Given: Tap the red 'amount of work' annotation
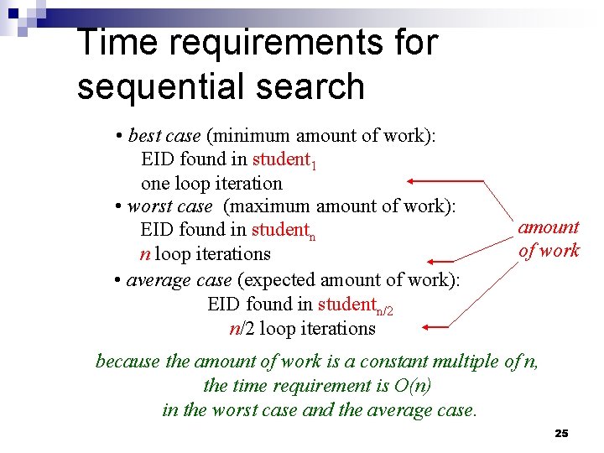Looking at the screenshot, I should (549, 238).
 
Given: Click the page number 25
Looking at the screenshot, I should (561, 433).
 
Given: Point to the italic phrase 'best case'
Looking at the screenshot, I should (164, 136).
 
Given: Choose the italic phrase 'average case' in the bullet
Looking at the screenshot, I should (179, 279).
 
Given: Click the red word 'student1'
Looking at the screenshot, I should (284, 159).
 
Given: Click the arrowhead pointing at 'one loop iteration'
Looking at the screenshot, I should (412, 181).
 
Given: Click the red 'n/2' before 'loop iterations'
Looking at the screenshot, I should (242, 329).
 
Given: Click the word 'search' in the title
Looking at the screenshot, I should (317, 86).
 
